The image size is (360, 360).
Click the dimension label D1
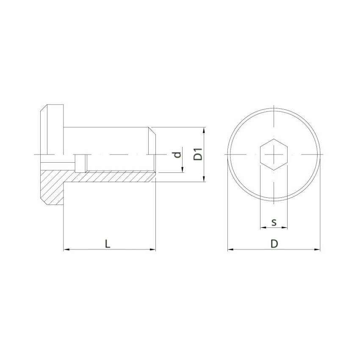(197, 154)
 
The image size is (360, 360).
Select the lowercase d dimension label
(178, 154)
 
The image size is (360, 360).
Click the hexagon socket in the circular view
(274, 154)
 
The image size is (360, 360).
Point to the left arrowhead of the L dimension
(66, 250)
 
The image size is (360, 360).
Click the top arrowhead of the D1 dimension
(205, 130)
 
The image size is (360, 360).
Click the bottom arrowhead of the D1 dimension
(205, 180)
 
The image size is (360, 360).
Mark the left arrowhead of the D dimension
(230, 250)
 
